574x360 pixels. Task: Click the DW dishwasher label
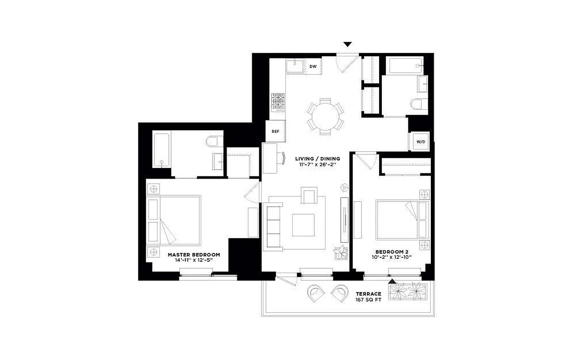coord(313,67)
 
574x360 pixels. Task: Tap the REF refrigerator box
coord(275,131)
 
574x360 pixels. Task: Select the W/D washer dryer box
coord(420,142)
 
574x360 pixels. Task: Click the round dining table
coord(325,116)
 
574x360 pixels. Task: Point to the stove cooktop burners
coord(277,102)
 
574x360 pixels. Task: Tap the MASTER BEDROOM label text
coord(194,255)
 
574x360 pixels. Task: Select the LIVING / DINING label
coord(317,158)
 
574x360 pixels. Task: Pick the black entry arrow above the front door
coord(347,44)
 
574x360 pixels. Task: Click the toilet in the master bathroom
coord(214,141)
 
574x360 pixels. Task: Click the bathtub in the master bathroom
coord(161,150)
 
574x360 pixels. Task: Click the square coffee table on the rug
coord(303,225)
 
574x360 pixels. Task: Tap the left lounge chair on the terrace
coord(316,293)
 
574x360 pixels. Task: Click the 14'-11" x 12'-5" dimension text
coord(194,261)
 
